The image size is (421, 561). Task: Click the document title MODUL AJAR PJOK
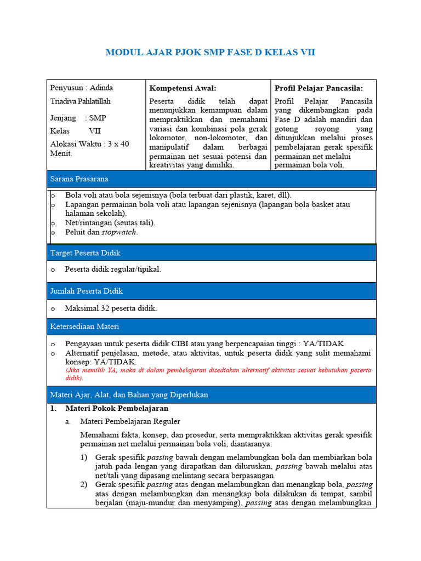point(210,53)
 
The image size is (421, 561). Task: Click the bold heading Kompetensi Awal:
point(183,88)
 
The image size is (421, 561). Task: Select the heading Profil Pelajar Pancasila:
point(318,88)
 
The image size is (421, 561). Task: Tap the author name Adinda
point(101,88)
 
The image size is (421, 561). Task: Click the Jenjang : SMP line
point(78,118)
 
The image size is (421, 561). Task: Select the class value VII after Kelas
point(95,131)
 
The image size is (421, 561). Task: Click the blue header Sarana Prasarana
point(79,179)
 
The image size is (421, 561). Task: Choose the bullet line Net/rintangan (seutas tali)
point(110,222)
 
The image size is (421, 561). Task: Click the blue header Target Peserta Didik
point(85,253)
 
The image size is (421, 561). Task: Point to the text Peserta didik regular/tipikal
point(113,269)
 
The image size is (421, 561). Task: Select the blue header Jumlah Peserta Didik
point(86,291)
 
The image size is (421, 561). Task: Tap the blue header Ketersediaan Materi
point(84,327)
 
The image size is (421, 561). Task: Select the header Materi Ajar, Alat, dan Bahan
point(129,394)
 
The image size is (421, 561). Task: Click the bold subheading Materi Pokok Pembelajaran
point(116,409)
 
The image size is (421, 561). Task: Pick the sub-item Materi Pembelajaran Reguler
point(130,421)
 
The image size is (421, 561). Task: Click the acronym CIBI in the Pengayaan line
point(188,344)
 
